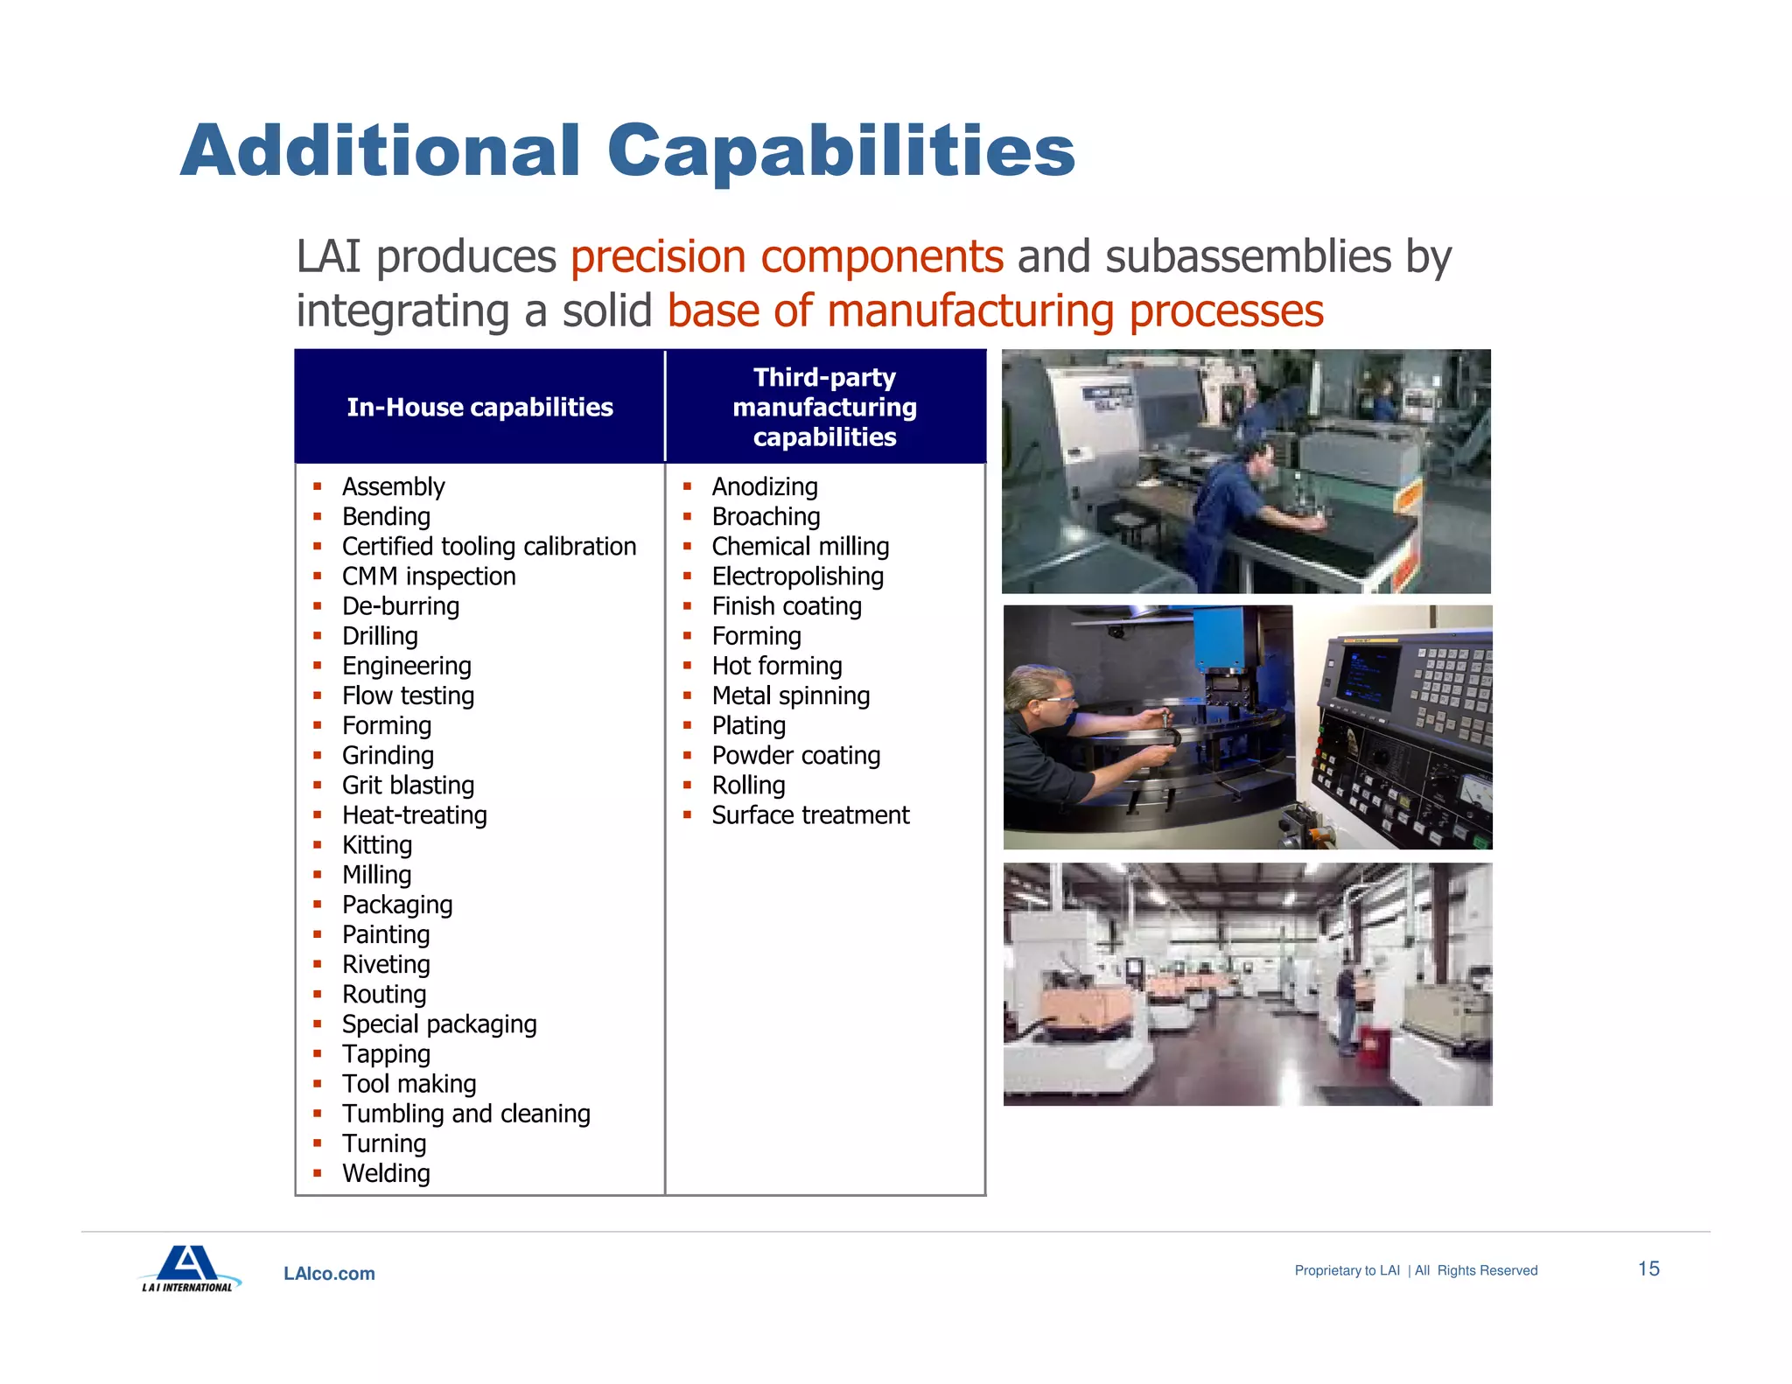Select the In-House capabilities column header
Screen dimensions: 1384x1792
(479, 407)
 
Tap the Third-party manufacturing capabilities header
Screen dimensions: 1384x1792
(824, 407)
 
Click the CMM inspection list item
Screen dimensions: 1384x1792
(429, 577)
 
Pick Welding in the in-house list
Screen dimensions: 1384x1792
(386, 1173)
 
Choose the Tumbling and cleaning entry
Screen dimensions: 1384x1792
(465, 1114)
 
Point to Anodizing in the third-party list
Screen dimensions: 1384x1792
(765, 486)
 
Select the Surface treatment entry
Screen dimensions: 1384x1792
(810, 815)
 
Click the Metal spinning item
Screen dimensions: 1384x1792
(791, 695)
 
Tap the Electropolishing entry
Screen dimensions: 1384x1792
(797, 577)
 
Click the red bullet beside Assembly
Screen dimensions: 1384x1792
(318, 486)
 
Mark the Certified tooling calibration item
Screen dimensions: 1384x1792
(489, 547)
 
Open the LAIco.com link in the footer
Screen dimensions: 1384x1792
(329, 1274)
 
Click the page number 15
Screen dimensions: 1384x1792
(1648, 1269)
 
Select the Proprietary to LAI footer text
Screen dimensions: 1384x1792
(1347, 1270)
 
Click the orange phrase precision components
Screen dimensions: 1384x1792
(787, 257)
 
